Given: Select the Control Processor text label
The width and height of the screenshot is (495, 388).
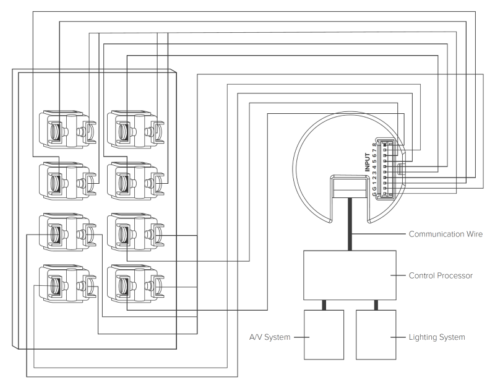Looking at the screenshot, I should point(440,275).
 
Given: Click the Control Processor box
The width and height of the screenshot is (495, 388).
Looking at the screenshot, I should point(349,275).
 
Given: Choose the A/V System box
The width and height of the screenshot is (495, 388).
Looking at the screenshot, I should point(324,334).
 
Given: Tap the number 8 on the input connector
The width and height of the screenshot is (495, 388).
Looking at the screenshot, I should point(374,145).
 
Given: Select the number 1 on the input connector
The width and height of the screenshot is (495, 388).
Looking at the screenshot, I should point(374,182).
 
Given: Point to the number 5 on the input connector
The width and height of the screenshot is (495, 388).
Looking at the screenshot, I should point(374,161).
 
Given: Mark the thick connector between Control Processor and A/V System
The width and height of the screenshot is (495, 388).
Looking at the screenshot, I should point(324,304).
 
